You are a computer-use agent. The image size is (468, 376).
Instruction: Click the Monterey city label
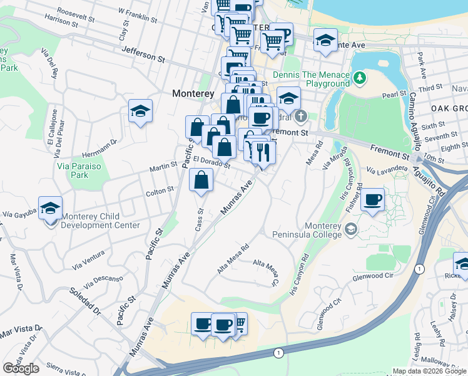(193, 93)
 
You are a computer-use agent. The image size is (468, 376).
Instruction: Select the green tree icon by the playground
(359, 78)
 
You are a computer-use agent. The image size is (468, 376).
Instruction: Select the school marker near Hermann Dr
(140, 112)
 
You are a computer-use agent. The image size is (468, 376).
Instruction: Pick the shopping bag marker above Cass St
(201, 180)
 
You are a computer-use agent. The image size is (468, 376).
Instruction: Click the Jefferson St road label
(143, 55)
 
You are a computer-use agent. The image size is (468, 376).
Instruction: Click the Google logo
(21, 368)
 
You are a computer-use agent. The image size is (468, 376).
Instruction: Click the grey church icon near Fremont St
(301, 117)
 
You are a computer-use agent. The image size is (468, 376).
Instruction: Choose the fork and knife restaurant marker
(262, 152)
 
